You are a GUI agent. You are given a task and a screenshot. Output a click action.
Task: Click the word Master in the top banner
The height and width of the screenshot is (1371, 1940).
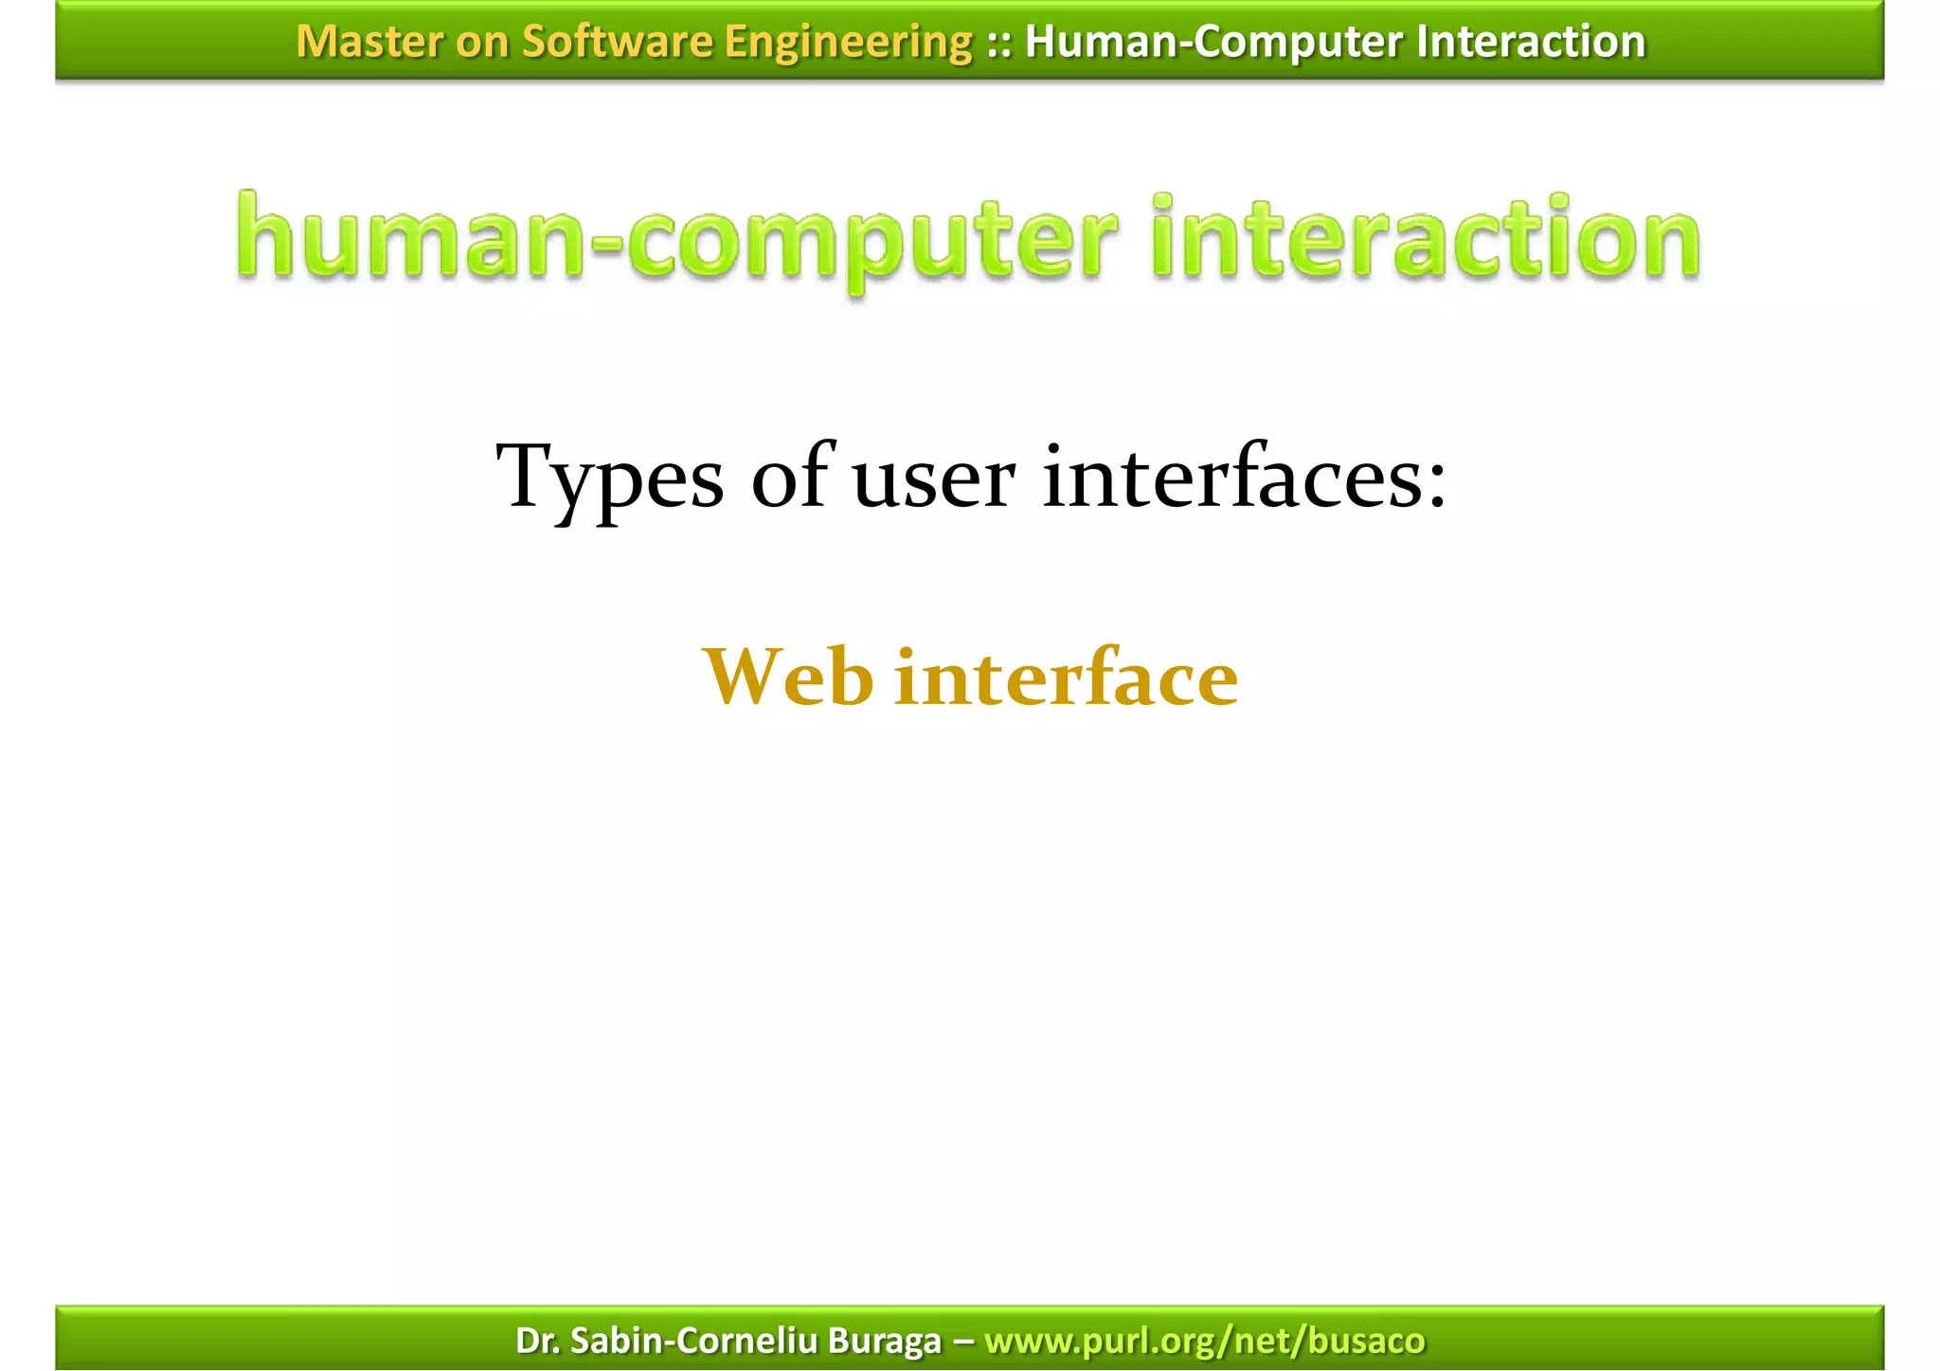coord(356,42)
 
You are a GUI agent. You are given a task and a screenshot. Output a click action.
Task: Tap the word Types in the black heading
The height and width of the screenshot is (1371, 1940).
coord(610,478)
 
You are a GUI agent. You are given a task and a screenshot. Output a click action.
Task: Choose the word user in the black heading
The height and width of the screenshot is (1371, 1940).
coord(934,479)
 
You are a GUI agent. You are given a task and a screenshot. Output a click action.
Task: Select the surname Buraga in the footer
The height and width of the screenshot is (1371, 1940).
coord(885,1342)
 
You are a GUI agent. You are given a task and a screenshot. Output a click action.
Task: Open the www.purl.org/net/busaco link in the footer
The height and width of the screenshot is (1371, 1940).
coord(1204,1341)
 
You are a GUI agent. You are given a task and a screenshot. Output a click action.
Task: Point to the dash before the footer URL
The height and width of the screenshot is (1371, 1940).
coord(963,1341)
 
